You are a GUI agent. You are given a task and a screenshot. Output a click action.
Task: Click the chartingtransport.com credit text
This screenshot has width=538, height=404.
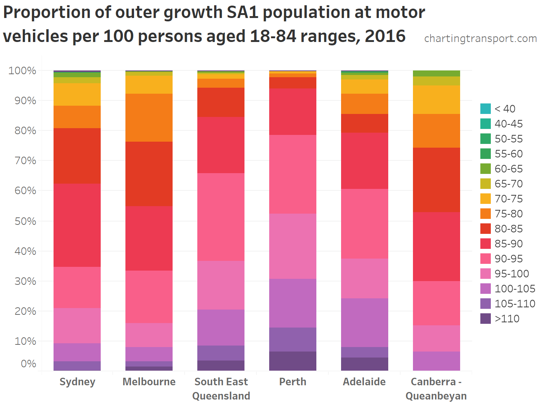click(480, 38)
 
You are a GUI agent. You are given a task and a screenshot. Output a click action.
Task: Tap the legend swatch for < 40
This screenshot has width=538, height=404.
click(486, 109)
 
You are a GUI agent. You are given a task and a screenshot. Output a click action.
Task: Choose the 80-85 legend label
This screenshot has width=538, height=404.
click(508, 229)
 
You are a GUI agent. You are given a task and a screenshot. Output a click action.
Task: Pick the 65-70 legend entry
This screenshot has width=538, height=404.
click(508, 184)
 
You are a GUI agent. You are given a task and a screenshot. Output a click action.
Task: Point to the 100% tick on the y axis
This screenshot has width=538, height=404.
click(22, 70)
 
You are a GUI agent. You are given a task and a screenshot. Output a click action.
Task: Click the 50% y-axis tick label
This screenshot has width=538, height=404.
click(25, 221)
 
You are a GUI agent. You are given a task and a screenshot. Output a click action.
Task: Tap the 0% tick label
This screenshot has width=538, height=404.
click(28, 364)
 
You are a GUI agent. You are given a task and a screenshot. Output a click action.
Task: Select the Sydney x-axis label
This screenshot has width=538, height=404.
click(77, 382)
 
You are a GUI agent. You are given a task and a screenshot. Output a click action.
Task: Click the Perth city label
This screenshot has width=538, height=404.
click(293, 382)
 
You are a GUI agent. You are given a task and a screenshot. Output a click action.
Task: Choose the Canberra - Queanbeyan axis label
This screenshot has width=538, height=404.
click(436, 389)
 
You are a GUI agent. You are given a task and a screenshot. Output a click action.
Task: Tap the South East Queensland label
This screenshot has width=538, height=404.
click(221, 389)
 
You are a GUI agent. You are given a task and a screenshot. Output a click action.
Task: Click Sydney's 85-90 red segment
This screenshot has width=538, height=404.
click(77, 225)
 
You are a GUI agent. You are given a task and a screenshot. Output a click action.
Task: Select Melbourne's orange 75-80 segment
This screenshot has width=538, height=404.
click(149, 117)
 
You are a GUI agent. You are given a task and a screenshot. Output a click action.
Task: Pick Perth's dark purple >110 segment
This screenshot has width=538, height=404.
click(293, 361)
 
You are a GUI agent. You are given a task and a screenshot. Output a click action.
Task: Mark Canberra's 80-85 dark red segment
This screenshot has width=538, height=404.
click(437, 180)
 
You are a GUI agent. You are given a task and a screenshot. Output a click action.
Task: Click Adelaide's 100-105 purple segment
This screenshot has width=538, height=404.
click(365, 322)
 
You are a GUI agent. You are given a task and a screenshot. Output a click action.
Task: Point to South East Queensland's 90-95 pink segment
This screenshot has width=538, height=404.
click(221, 217)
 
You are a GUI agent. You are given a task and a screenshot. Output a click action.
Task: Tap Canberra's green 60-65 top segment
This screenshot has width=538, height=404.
click(437, 73)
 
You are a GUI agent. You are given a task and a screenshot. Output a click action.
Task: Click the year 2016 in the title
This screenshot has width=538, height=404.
click(385, 36)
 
